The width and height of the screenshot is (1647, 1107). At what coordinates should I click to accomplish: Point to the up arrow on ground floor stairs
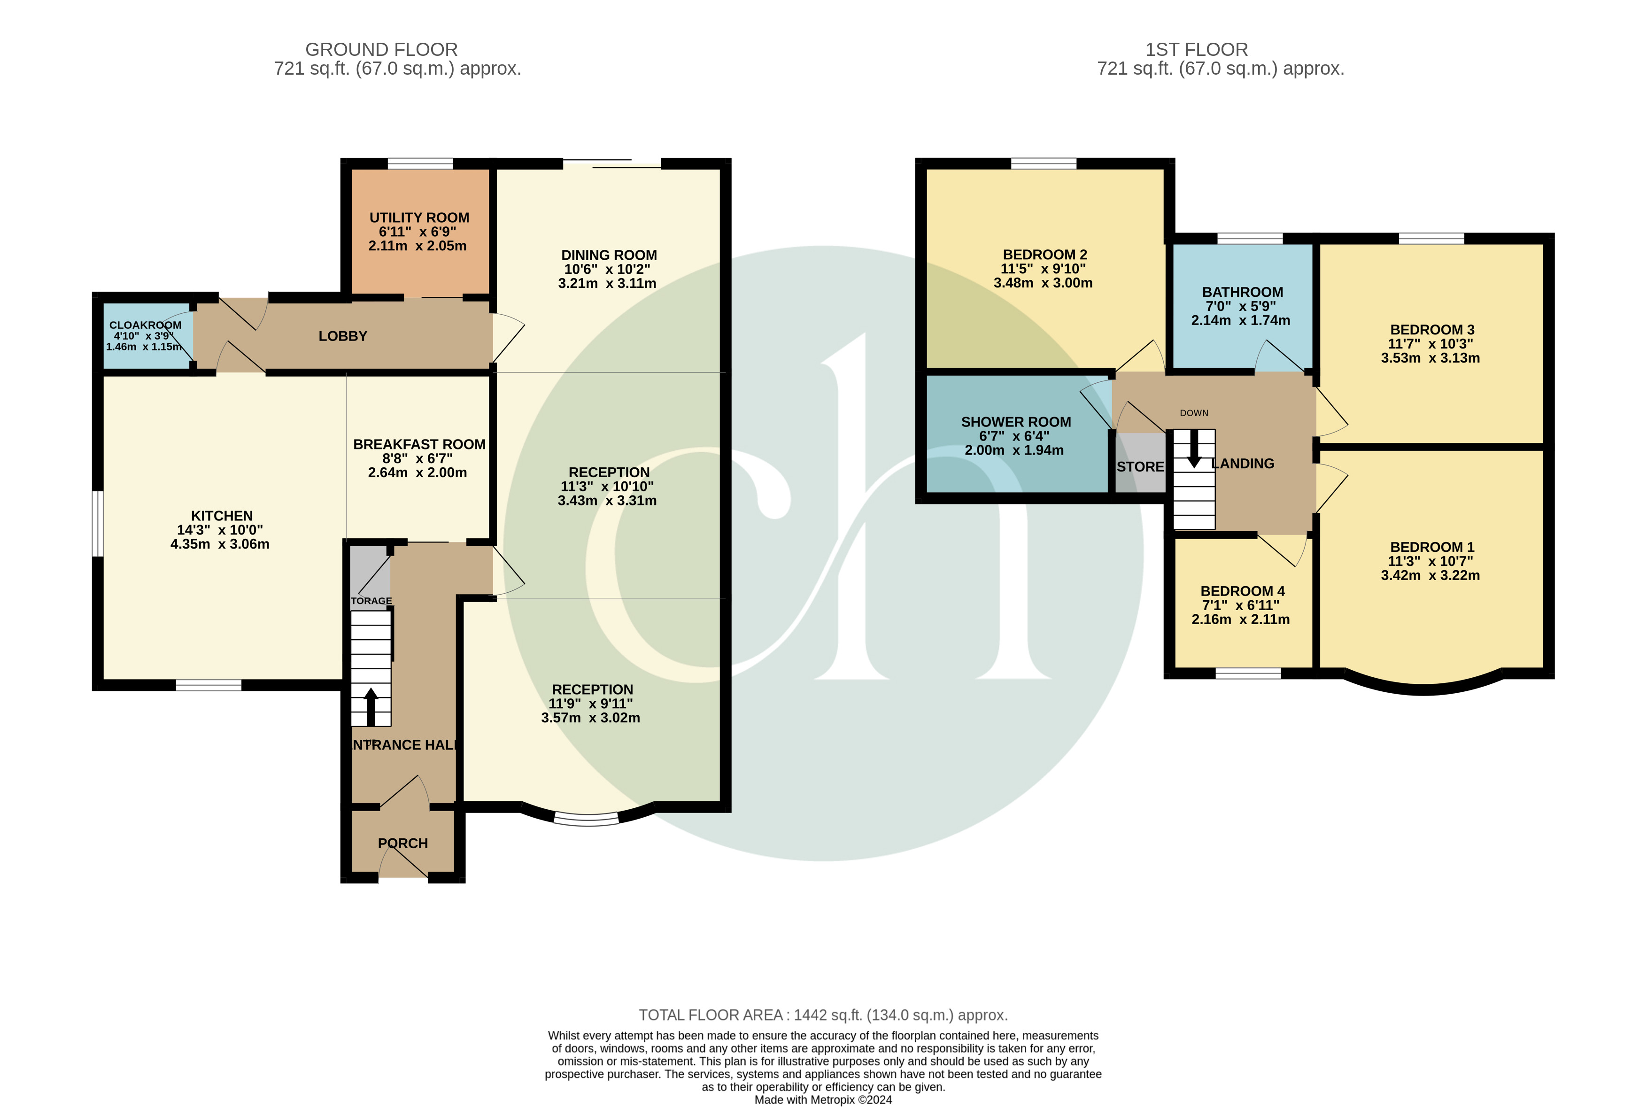point(371,705)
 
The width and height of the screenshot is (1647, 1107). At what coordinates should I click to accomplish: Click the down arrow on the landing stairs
point(1194,449)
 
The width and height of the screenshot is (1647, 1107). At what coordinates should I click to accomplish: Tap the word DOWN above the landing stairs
point(1194,413)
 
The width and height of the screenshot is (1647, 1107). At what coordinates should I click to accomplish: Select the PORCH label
point(402,843)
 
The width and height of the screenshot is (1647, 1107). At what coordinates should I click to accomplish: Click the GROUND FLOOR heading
point(381,49)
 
